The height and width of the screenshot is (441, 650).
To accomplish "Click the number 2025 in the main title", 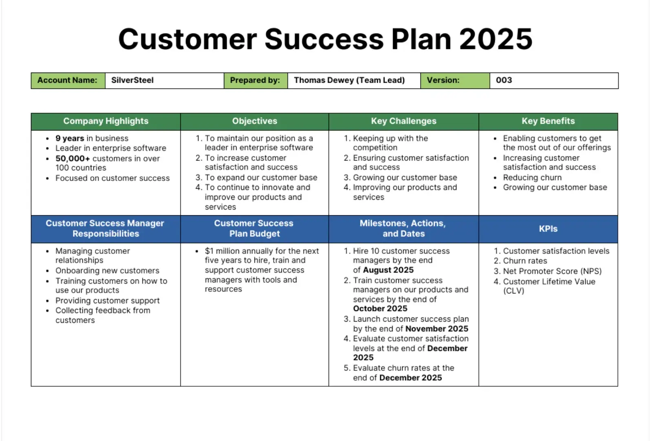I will click(x=496, y=39).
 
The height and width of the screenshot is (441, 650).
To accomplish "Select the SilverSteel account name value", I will click(x=133, y=80).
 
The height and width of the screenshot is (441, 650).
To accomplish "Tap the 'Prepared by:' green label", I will click(x=255, y=80).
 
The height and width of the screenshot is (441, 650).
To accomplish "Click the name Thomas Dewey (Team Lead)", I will click(x=349, y=80).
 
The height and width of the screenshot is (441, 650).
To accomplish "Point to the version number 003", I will click(x=504, y=80).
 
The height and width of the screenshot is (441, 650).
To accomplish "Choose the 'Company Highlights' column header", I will click(x=106, y=121).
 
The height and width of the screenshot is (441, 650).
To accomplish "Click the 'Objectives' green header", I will click(x=254, y=121).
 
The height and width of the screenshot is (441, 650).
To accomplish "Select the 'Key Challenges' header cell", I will click(x=403, y=121).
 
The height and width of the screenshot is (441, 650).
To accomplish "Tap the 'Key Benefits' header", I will click(x=548, y=121).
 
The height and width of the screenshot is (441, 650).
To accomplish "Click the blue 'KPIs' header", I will click(x=548, y=229).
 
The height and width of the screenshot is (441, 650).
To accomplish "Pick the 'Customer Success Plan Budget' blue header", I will click(x=254, y=229).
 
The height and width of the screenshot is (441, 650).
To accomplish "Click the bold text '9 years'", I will click(x=70, y=139).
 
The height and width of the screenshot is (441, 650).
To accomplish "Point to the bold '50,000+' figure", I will click(x=73, y=159).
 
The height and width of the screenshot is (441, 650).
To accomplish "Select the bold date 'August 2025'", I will click(x=388, y=270).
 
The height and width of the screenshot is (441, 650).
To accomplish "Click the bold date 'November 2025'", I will click(x=437, y=329).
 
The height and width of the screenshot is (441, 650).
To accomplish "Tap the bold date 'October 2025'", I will click(x=380, y=309).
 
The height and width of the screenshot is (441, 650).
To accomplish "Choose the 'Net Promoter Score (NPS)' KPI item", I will click(x=552, y=271).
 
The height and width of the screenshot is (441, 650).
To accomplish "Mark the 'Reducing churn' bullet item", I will click(x=532, y=178).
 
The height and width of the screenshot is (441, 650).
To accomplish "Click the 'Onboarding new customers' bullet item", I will click(x=107, y=271).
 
